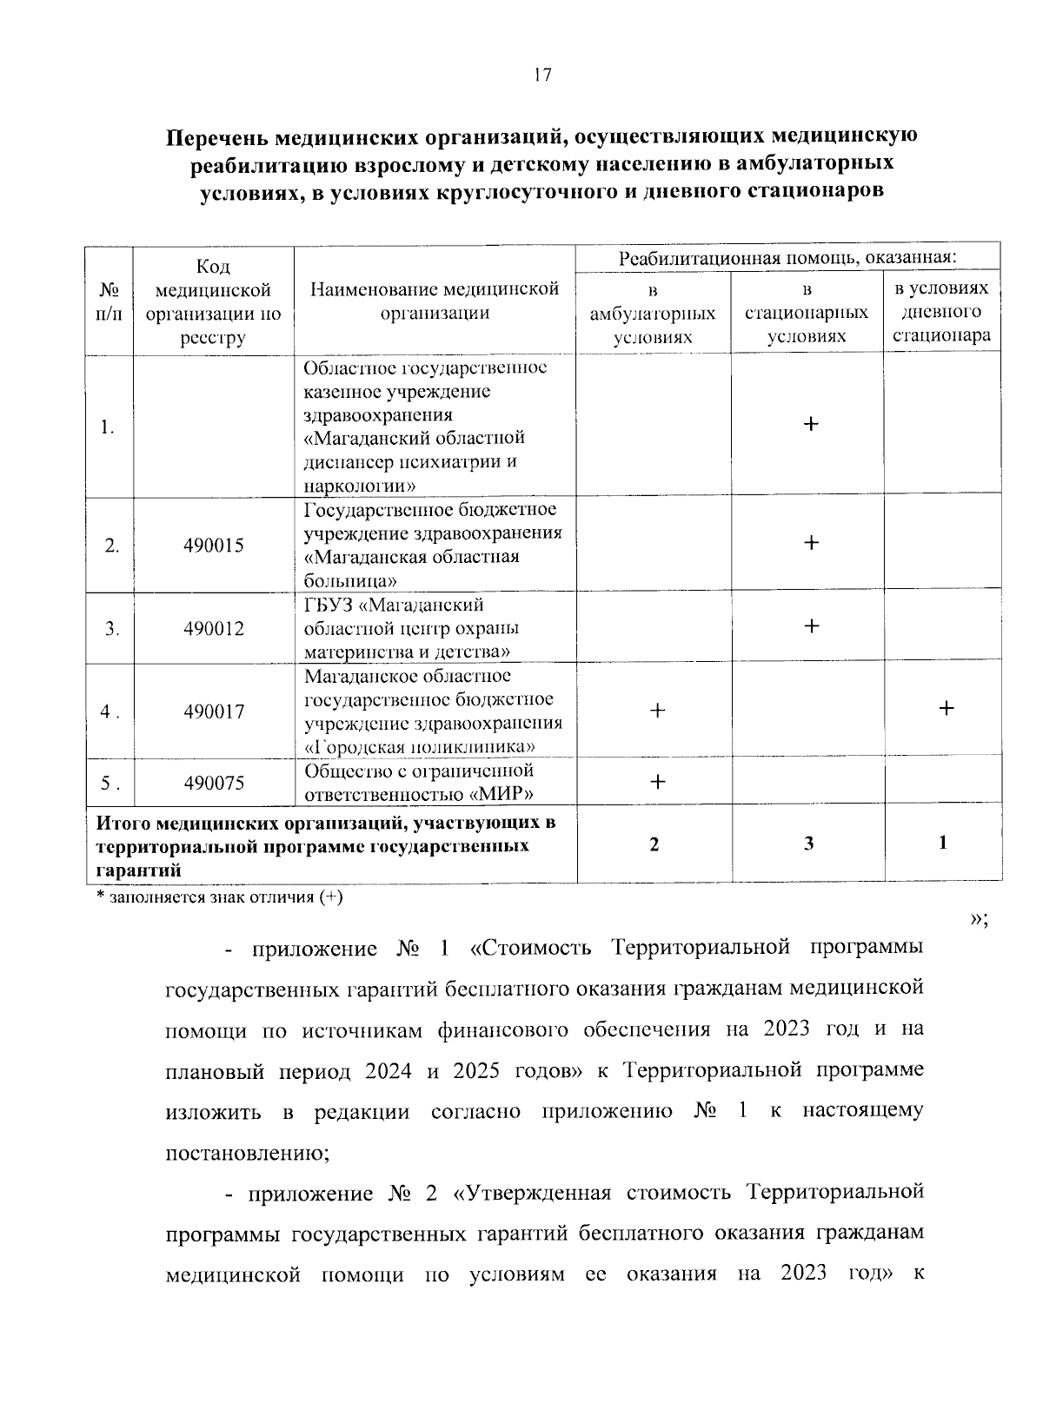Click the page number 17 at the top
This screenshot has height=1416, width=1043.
click(x=541, y=76)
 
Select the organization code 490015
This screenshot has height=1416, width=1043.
click(x=214, y=546)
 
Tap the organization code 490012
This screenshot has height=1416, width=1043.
click(x=214, y=629)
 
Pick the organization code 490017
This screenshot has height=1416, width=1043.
click(x=214, y=711)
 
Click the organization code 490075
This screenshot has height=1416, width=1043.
click(x=214, y=783)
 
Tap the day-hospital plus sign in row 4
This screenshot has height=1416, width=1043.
click(x=946, y=708)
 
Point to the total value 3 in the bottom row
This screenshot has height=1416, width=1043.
click(x=808, y=844)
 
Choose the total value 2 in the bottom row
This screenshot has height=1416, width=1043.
click(x=654, y=844)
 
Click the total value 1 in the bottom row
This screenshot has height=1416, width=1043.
click(x=943, y=843)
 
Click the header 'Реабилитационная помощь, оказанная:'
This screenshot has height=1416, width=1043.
click(x=787, y=258)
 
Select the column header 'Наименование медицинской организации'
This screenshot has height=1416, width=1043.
click(x=435, y=301)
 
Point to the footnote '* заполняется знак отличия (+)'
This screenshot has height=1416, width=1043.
click(x=219, y=897)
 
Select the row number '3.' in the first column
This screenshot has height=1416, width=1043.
click(x=110, y=629)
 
